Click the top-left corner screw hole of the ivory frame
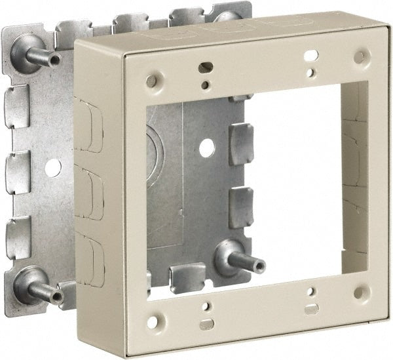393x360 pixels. [x=151, y=81]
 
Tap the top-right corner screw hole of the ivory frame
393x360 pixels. [x=360, y=57]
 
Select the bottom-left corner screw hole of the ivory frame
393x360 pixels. [x=152, y=322]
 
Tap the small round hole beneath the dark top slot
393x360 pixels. [x=206, y=84]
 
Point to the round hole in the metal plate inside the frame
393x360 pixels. [x=207, y=148]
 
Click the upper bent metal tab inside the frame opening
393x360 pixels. [x=240, y=144]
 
